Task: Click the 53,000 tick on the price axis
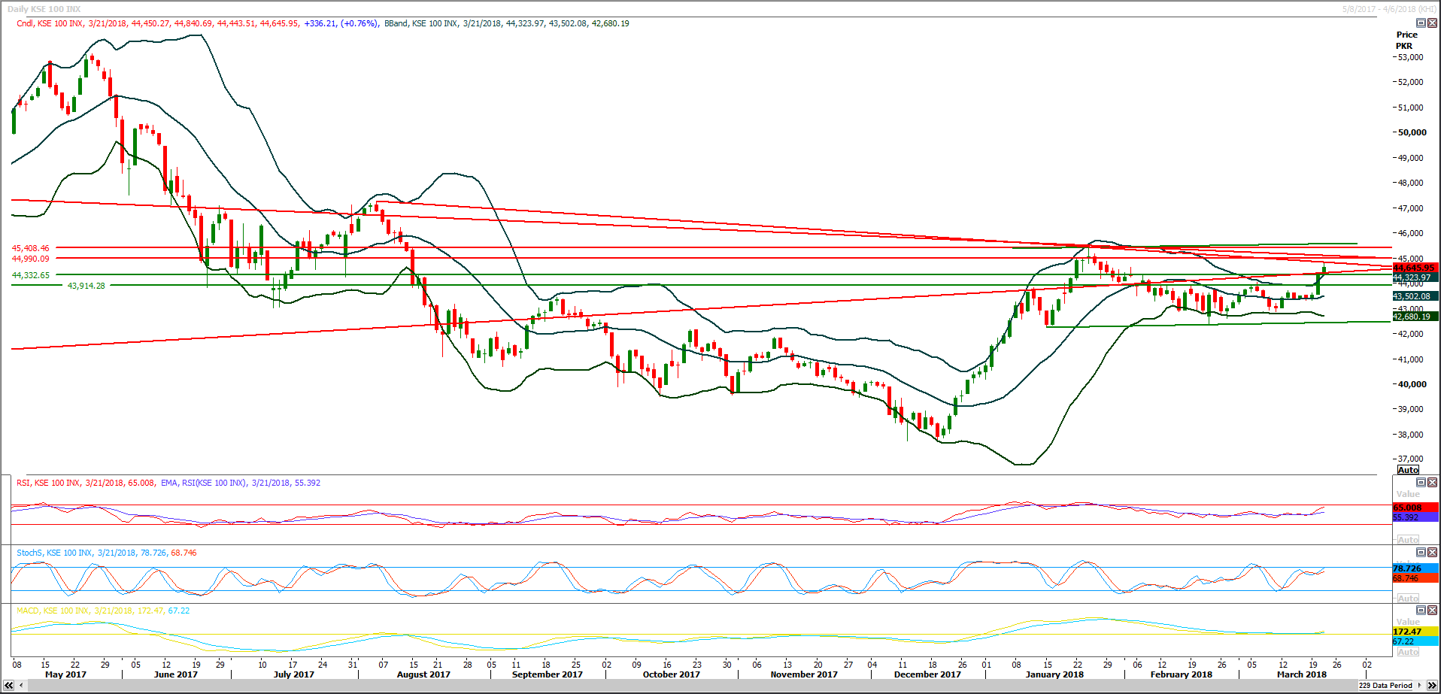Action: (x=1410, y=57)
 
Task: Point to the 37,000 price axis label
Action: (x=1410, y=459)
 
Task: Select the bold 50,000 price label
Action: (x=1412, y=132)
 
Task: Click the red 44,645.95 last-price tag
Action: (x=1415, y=268)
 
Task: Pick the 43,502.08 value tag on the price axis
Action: (x=1415, y=296)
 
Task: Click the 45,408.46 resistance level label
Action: (x=31, y=248)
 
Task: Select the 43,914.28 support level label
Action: (x=86, y=286)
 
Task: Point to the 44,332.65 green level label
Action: (x=31, y=275)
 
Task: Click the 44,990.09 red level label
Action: (x=31, y=259)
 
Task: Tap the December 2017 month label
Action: (x=927, y=674)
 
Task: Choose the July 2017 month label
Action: (x=293, y=674)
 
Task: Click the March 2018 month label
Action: (x=1301, y=674)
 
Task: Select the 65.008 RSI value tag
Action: (x=1408, y=508)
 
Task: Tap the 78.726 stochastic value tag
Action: (x=1408, y=568)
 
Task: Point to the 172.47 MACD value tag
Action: (x=1408, y=632)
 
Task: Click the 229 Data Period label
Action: (x=1385, y=686)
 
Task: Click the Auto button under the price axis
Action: (x=1408, y=470)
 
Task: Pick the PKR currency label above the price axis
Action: (x=1404, y=46)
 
